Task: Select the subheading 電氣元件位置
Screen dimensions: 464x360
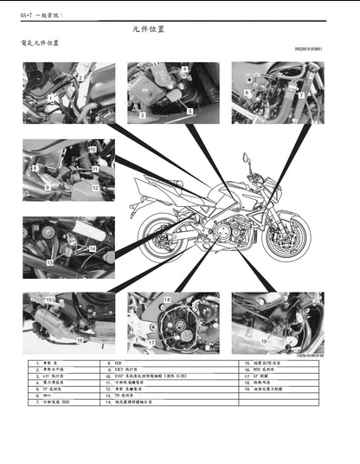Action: (x=41, y=42)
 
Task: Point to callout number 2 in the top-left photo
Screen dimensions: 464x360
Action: (x=80, y=77)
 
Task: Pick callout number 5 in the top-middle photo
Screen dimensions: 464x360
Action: (x=190, y=112)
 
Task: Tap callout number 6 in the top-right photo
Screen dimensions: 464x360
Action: (x=246, y=90)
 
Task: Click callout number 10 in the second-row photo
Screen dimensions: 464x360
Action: (x=93, y=150)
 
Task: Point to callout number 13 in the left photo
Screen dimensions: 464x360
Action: (x=49, y=261)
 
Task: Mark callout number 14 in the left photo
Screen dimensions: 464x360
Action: (x=91, y=248)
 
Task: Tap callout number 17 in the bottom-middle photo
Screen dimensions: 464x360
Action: (x=151, y=343)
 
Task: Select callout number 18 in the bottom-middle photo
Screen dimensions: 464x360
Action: (x=167, y=300)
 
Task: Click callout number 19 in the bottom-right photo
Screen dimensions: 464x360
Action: (x=264, y=342)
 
